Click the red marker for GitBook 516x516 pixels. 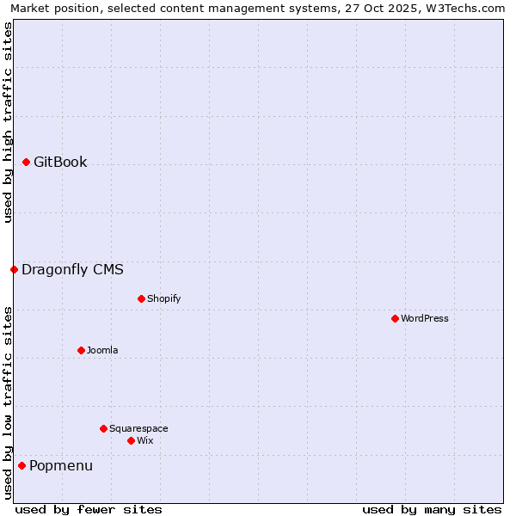tap(26, 162)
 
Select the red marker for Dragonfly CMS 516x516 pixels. tap(14, 269)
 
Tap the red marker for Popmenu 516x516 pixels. tap(21, 465)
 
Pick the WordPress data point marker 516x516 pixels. tap(395, 318)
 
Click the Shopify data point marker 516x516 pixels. tap(141, 298)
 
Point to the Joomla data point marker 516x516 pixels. tap(81, 350)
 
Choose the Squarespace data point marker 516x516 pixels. tap(103, 428)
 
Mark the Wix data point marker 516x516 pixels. tap(131, 440)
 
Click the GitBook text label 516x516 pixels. tap(60, 163)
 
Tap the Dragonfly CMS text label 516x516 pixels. tap(72, 270)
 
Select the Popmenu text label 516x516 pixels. tap(61, 466)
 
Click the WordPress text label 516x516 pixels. tap(425, 319)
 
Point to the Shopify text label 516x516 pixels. tap(163, 299)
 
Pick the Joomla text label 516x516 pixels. tap(102, 351)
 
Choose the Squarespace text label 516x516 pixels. tap(138, 429)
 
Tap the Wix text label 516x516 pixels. tap(144, 441)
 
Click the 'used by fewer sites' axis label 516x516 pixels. tap(89, 509)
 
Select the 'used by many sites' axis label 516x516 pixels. tap(432, 509)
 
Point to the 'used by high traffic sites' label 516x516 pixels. tap(9, 122)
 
